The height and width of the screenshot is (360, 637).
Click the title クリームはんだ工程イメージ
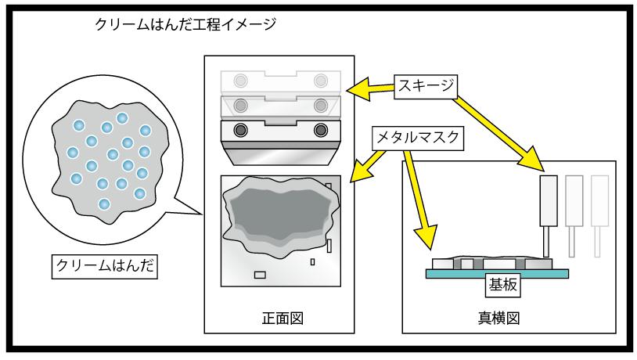point(185,24)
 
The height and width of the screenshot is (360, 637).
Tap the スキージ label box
point(426,86)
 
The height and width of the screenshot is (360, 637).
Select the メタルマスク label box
point(418,139)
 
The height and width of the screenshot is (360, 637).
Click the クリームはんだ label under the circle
point(104,266)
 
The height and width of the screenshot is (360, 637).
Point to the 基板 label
point(503,285)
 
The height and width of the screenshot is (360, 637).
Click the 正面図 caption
point(283,319)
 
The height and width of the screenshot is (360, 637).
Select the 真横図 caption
point(498,319)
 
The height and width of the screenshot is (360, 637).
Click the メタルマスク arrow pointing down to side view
point(419,199)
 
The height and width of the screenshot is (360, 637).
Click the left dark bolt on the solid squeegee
point(241,131)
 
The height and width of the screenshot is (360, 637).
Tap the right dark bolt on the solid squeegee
point(321,131)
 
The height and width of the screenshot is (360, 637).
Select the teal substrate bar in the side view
point(497,274)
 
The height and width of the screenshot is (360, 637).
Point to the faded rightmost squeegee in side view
point(599,216)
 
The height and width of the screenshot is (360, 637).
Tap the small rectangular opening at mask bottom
point(260,275)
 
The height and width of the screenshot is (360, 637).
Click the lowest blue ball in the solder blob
point(104,204)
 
